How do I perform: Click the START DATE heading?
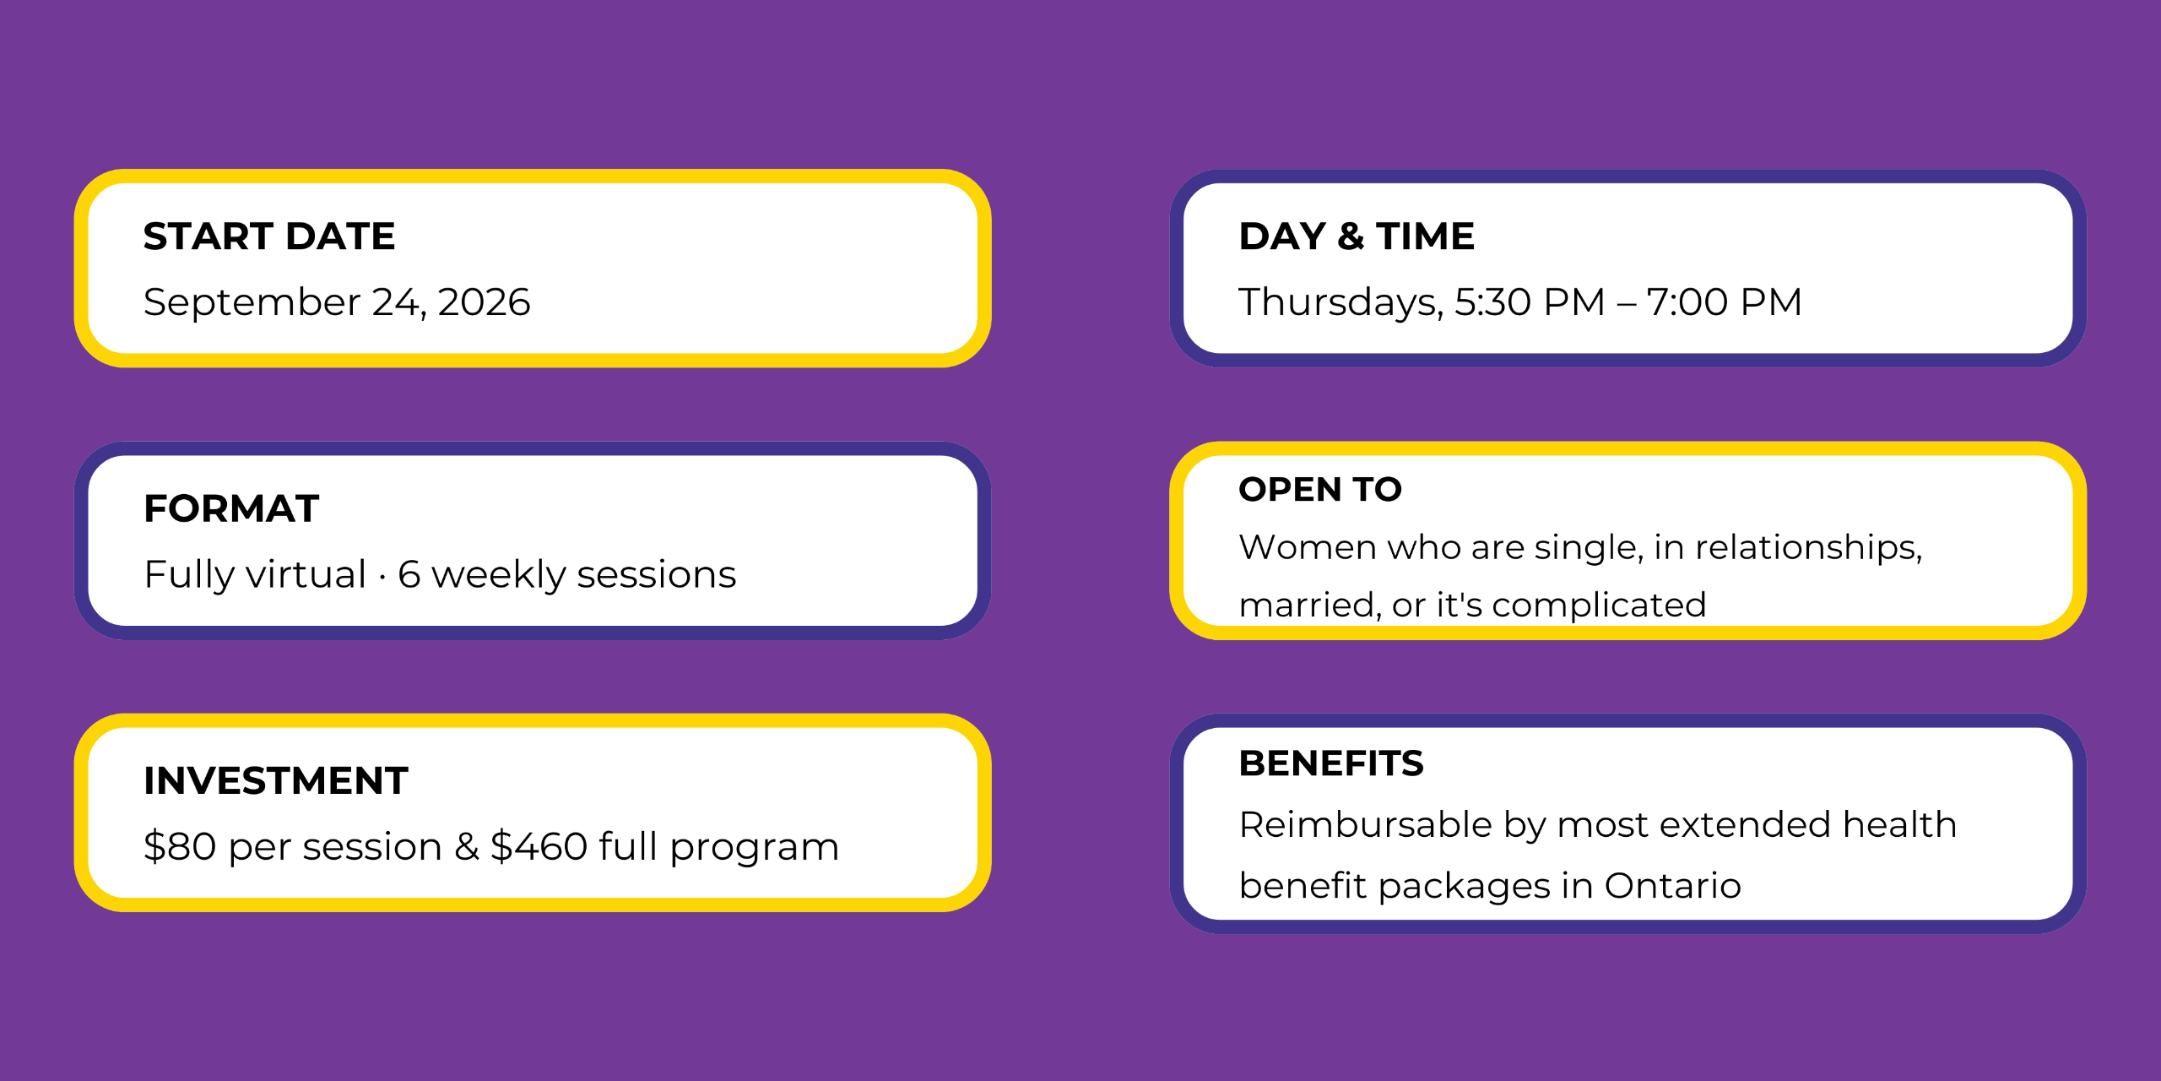pyautogui.click(x=269, y=236)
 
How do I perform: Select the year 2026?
pyautogui.click(x=484, y=302)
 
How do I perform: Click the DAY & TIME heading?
pyautogui.click(x=1357, y=236)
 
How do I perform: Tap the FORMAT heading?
pyautogui.click(x=231, y=508)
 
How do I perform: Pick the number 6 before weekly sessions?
pyautogui.click(x=409, y=575)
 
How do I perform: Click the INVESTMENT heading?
pyautogui.click(x=276, y=780)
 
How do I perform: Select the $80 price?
pyautogui.click(x=180, y=846)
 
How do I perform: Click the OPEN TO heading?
pyautogui.click(x=1320, y=490)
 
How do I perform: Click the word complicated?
pyautogui.click(x=1599, y=606)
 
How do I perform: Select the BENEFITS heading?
pyautogui.click(x=1331, y=763)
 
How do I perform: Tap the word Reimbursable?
pyautogui.click(x=1366, y=824)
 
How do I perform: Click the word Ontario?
pyautogui.click(x=1672, y=886)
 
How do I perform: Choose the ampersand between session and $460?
pyautogui.click(x=467, y=847)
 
